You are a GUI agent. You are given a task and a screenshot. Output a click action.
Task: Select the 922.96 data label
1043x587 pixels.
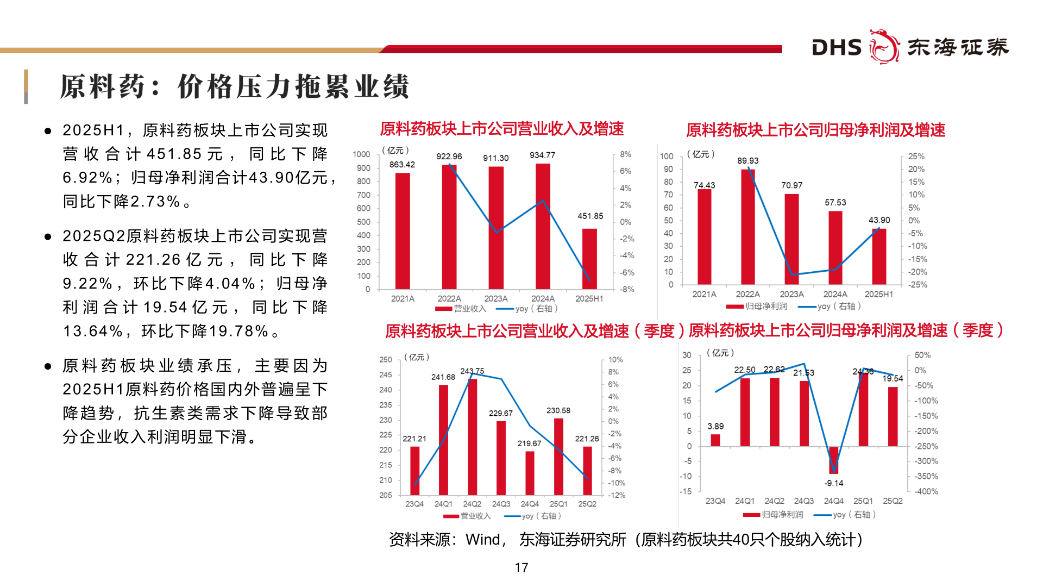[449, 157]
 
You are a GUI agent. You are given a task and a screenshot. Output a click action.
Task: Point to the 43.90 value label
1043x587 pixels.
[879, 220]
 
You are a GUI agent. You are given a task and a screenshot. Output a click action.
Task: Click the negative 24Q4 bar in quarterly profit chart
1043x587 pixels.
[834, 460]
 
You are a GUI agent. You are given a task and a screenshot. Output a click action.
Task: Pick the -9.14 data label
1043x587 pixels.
[834, 483]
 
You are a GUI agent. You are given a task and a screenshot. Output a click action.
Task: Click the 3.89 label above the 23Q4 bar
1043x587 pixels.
[715, 426]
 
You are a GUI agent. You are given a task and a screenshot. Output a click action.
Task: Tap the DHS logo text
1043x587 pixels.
[837, 48]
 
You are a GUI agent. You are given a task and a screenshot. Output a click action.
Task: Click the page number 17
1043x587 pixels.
[521, 567]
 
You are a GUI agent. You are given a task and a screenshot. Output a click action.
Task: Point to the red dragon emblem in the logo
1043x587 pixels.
[884, 47]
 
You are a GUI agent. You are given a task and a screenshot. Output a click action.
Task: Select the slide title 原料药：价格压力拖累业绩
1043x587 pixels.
[234, 87]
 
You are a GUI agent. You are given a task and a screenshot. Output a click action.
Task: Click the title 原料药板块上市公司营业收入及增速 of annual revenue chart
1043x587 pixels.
[502, 129]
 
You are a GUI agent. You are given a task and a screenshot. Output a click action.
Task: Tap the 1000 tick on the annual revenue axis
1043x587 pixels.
[361, 154]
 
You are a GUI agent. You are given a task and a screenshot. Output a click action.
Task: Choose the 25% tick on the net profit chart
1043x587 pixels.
[916, 157]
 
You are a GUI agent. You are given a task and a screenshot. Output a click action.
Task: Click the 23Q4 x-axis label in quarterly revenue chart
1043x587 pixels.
[414, 504]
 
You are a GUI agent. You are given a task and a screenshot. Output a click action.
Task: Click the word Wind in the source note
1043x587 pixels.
[483, 540]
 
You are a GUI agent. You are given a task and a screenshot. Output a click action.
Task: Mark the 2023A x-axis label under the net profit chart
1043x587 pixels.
[791, 294]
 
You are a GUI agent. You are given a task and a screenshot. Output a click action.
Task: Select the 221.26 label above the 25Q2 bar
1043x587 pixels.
[587, 439]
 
